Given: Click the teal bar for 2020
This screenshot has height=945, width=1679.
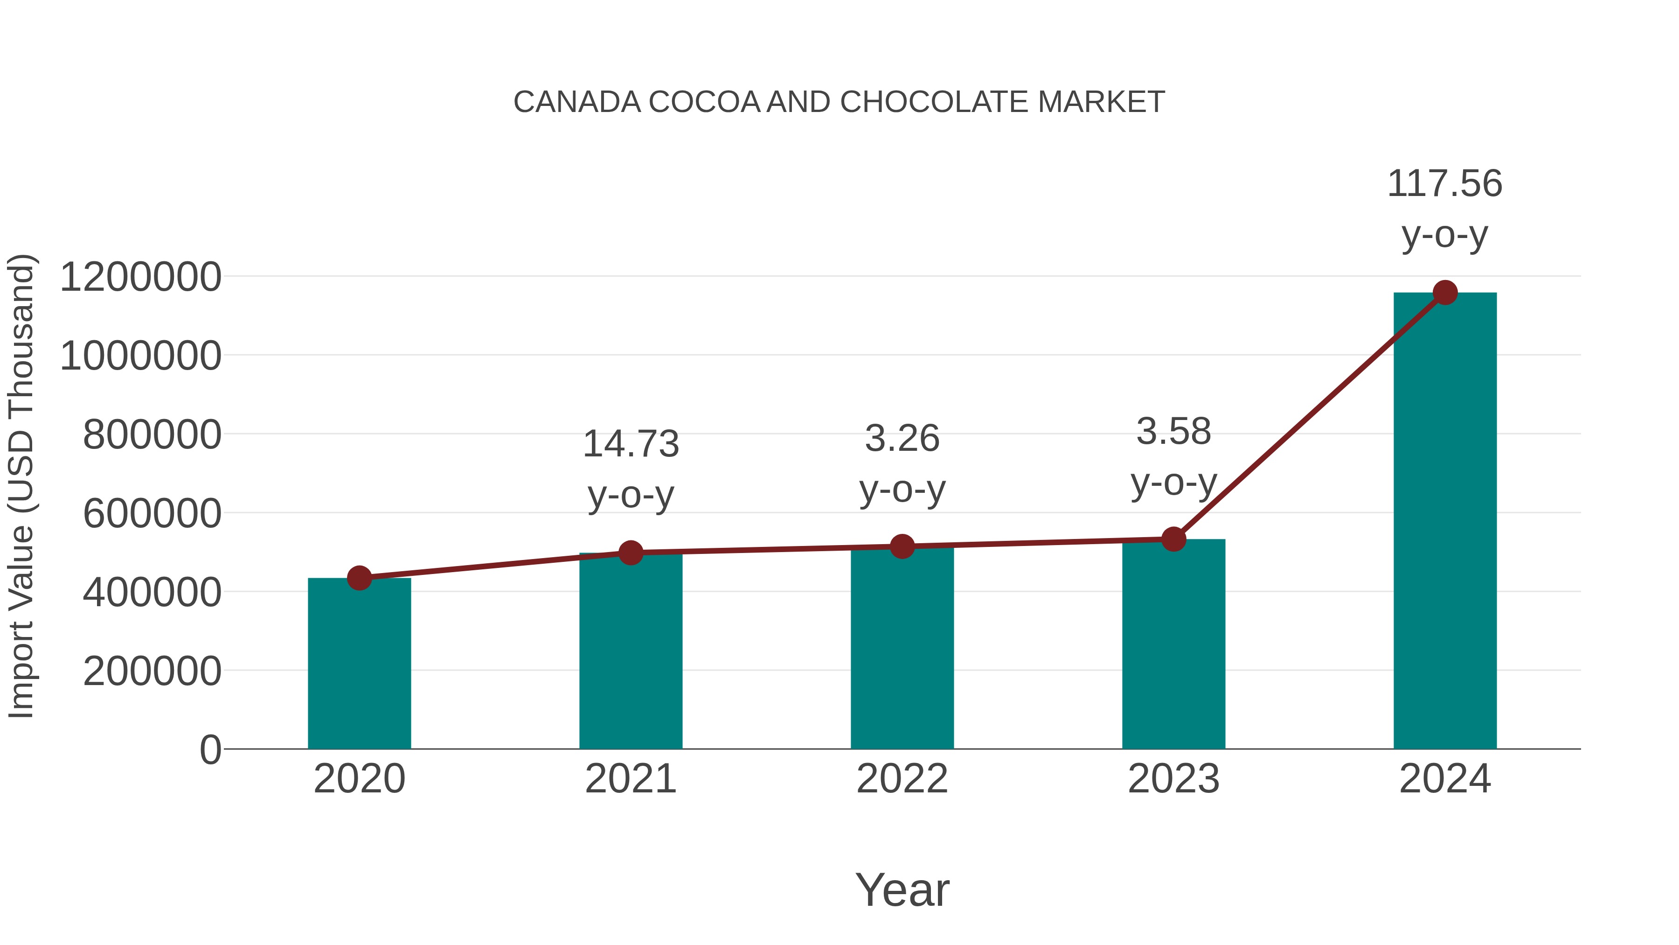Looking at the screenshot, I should tap(359, 665).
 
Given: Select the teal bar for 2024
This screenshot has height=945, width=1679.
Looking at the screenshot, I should tap(1444, 522).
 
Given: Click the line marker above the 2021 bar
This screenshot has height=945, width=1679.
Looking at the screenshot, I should tap(630, 553).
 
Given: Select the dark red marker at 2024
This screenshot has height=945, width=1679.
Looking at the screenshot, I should tap(1444, 293).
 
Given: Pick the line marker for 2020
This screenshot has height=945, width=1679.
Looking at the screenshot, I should tap(359, 578).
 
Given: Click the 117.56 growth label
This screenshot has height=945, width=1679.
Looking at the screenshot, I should tap(1444, 183).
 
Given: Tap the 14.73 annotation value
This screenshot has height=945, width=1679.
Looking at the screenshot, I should tap(630, 444).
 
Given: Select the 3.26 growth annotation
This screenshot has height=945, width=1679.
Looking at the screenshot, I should tap(902, 438).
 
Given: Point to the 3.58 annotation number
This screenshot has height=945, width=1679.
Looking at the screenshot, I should tap(1173, 432).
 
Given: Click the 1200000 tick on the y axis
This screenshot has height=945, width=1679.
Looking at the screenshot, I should tap(140, 277).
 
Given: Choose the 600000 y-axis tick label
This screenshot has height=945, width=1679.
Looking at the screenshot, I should tap(152, 513).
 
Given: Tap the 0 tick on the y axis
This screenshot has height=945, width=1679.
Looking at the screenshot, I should tap(210, 749).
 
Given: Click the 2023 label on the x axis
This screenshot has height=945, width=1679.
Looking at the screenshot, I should tap(1173, 779).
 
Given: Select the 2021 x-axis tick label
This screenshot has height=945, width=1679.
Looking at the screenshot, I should tap(630, 779).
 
